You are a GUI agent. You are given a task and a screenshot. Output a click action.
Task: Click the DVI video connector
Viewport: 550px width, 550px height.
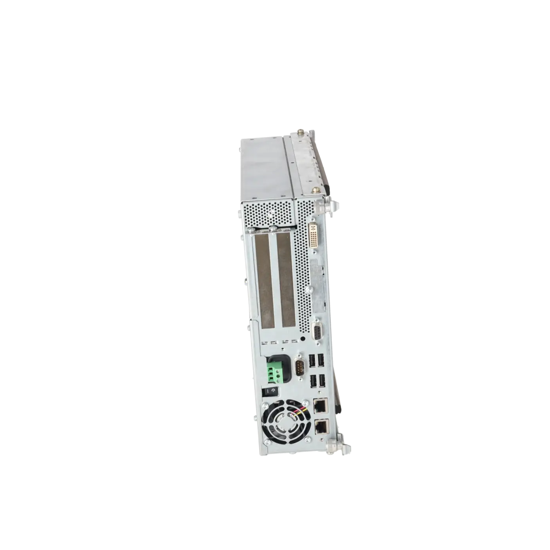(314, 235)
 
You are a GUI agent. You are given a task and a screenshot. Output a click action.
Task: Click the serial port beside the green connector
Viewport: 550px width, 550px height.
(299, 368)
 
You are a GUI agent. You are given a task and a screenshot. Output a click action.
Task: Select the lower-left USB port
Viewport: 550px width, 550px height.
(312, 380)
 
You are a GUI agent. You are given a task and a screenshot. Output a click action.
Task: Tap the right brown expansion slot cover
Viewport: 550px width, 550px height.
(286, 282)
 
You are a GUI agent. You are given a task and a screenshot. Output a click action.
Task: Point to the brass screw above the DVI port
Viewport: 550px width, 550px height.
(314, 191)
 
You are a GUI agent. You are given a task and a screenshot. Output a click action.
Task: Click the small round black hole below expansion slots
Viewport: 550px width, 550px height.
(303, 337)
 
